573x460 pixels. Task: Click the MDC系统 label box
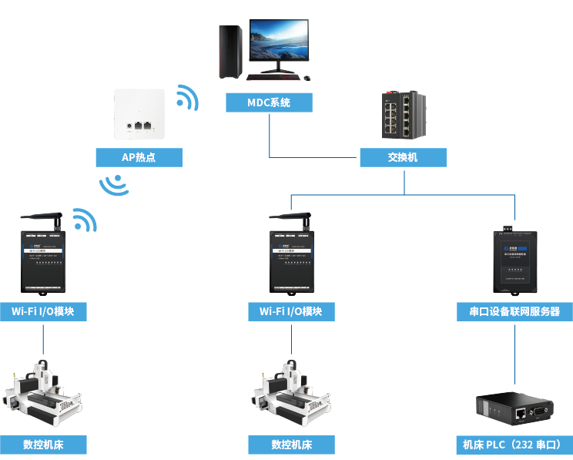[x=269, y=102]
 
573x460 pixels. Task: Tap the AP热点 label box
[x=139, y=157]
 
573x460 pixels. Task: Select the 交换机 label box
[x=403, y=157]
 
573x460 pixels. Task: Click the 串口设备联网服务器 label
[x=514, y=311]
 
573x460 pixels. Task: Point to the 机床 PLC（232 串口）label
[x=514, y=445]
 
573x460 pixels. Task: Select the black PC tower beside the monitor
[x=230, y=51]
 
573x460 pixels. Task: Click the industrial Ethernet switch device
[x=403, y=115]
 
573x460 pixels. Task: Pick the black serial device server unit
[x=514, y=262]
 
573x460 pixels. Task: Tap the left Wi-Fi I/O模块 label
[x=43, y=311]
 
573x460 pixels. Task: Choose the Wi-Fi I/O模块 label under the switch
[x=291, y=311]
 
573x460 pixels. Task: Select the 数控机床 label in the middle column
[x=291, y=445]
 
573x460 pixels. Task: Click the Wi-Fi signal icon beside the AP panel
[x=186, y=98]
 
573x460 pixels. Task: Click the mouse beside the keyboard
[x=307, y=77]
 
